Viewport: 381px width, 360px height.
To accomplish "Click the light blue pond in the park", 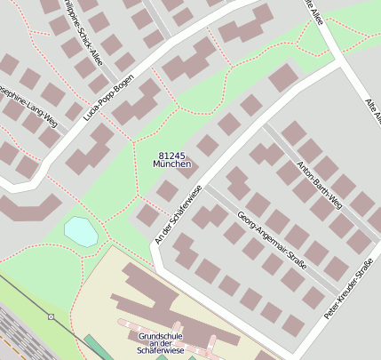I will click(x=81, y=232).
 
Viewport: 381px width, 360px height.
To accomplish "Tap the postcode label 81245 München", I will click(x=171, y=160).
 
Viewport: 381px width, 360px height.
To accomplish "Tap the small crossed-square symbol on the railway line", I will click(x=52, y=316).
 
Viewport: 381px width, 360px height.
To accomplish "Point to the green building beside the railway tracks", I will click(x=94, y=347).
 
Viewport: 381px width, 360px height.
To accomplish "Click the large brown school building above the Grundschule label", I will click(x=151, y=293).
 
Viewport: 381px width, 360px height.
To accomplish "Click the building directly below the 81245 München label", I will click(x=167, y=189).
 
